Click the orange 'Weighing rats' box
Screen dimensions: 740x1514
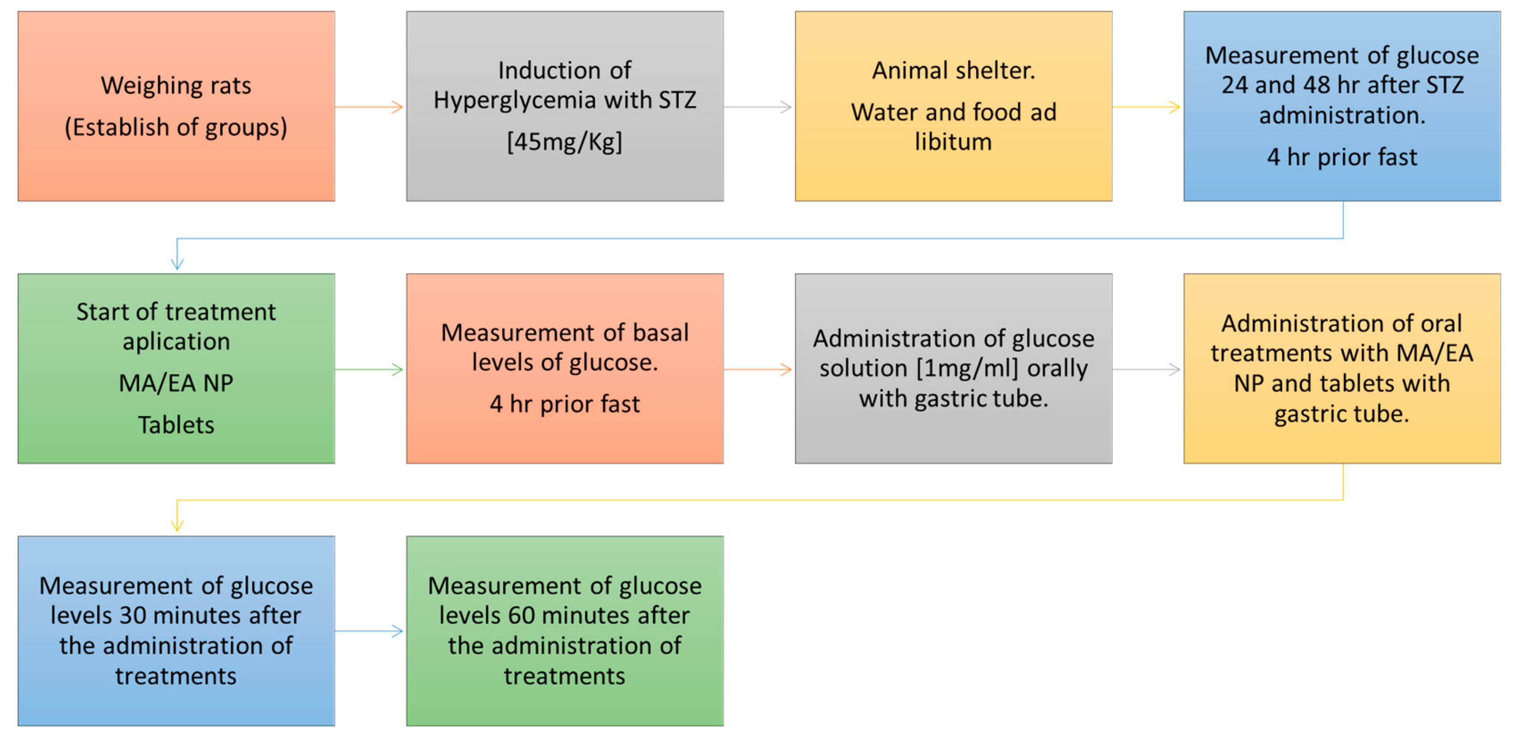coord(176,106)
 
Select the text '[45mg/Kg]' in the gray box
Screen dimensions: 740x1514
coord(564,141)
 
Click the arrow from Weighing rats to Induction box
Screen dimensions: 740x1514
coord(369,107)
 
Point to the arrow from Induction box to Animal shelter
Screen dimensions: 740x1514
coord(758,107)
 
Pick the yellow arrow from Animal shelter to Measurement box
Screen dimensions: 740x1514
coord(1146,107)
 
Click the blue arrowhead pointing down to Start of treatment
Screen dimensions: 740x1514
coord(177,263)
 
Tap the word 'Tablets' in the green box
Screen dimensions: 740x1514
coord(176,425)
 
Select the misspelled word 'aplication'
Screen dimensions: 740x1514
coord(176,341)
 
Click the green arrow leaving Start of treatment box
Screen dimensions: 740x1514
coord(369,369)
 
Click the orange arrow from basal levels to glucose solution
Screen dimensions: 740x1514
coord(758,369)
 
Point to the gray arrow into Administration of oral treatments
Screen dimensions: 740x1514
coord(1146,369)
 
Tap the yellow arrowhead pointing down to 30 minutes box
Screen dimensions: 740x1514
coord(177,525)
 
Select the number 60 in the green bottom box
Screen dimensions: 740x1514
coord(521,616)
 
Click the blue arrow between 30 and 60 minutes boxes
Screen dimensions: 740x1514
coord(369,631)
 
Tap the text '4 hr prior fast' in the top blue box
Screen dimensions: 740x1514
coord(1342,157)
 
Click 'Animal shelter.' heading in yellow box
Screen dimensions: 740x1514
coord(953,70)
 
